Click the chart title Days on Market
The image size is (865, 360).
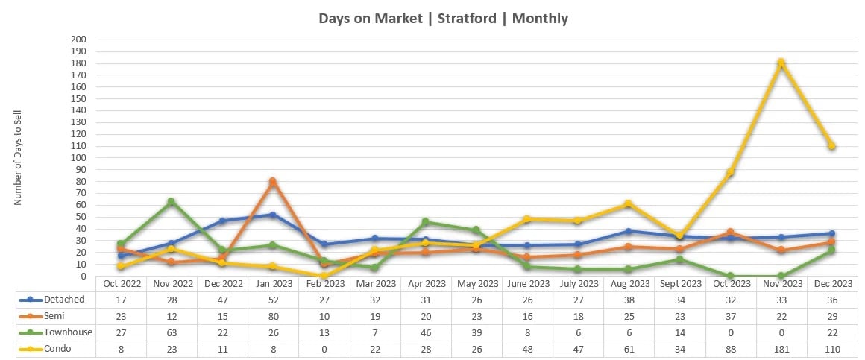pos(443,19)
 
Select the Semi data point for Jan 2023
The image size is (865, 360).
pos(273,181)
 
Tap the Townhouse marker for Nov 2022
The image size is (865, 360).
pos(171,201)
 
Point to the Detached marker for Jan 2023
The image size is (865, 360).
pos(273,215)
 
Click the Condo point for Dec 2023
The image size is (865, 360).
pos(831,146)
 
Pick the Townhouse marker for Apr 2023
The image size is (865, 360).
pos(425,221)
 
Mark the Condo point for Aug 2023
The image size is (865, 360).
pos(629,203)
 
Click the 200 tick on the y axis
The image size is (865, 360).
pos(78,40)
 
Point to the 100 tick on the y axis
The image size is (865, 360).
pos(78,158)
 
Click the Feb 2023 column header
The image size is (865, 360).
pos(324,283)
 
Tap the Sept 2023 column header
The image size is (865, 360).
pos(679,283)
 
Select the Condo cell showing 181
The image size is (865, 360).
pos(781,348)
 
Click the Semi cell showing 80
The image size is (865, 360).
pos(273,316)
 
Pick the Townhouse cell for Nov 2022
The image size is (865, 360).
pos(171,332)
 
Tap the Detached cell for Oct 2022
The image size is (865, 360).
pos(120,300)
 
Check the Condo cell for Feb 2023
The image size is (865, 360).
pos(324,348)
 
